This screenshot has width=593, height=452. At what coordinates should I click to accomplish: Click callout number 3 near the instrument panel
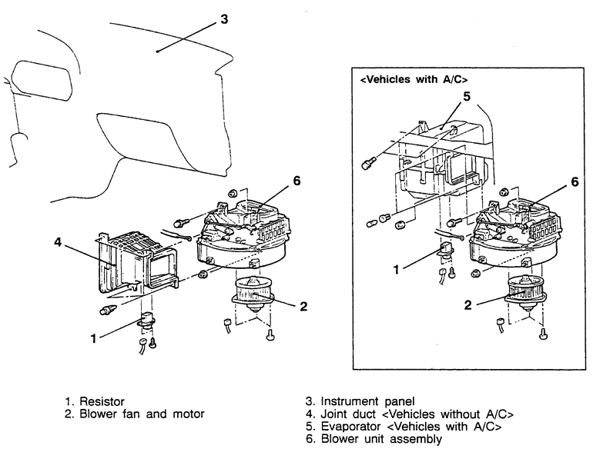[223, 19]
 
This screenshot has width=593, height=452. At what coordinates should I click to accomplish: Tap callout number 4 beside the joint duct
[57, 241]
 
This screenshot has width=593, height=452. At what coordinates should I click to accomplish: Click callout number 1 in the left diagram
[94, 337]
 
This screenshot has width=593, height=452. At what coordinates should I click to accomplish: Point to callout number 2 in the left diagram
[303, 306]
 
